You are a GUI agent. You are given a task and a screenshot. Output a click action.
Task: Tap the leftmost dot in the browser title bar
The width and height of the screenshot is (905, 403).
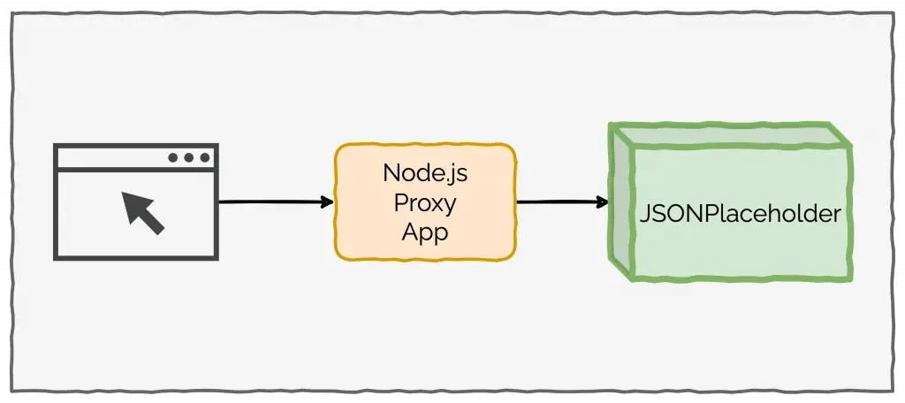(174, 158)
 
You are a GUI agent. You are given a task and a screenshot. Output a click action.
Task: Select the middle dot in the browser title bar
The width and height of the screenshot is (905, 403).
(189, 158)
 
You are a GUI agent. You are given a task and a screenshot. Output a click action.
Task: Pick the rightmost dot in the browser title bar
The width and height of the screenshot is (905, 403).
(204, 158)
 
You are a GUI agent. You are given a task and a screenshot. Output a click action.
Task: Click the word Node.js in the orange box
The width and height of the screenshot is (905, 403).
(425, 173)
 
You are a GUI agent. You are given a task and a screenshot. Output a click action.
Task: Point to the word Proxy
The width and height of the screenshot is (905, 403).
(425, 203)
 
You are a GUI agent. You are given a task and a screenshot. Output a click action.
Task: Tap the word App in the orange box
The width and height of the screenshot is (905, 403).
(425, 233)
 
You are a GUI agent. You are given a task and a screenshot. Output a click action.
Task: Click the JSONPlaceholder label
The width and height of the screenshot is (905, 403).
(739, 215)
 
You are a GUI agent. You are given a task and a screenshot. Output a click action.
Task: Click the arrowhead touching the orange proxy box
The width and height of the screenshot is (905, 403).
(328, 202)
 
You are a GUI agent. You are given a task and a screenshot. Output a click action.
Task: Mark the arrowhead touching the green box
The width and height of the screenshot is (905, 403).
(604, 202)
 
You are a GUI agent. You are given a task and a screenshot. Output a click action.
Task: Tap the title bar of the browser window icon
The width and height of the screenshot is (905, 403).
(115, 158)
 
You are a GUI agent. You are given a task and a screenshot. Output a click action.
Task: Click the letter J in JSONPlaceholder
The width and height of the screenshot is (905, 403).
(644, 215)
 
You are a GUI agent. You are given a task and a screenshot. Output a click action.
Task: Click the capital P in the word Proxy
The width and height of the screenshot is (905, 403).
(400, 203)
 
